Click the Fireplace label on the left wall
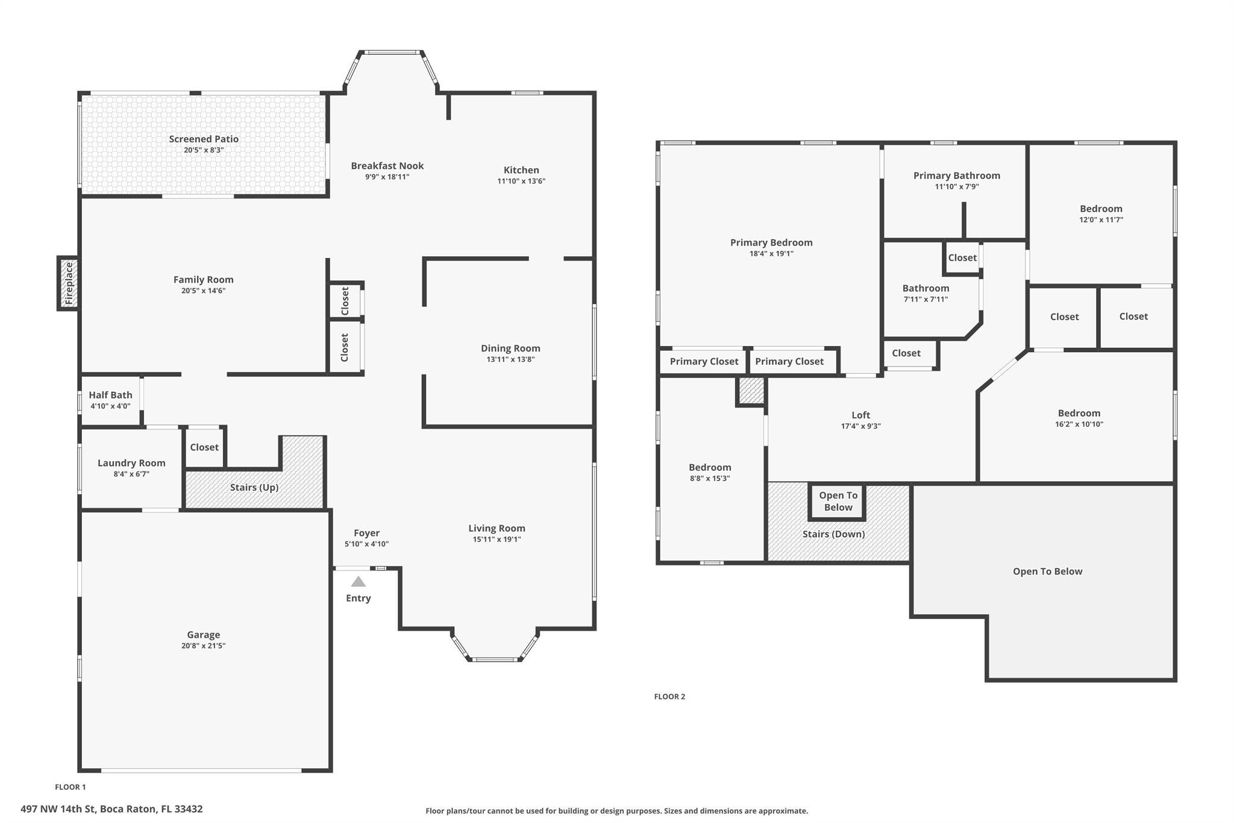[x=69, y=283]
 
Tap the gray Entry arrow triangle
[x=359, y=582]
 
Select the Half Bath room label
[x=110, y=395]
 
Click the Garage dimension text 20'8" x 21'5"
[x=204, y=646]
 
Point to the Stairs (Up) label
[x=254, y=487]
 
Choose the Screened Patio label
[x=204, y=139]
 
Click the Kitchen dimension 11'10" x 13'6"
[x=521, y=181]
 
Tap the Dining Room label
[x=510, y=348]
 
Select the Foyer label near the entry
[x=366, y=533]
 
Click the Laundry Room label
[x=131, y=463]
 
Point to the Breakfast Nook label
[x=387, y=166]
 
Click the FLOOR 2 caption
[x=669, y=696]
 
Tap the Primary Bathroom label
[x=957, y=175]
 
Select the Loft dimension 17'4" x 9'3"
[x=861, y=426]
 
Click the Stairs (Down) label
[x=833, y=534]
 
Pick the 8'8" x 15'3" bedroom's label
[x=710, y=467]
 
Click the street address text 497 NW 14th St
[x=58, y=809]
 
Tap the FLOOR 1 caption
[x=70, y=787]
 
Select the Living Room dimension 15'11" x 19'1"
[x=497, y=540]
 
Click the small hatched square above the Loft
[x=751, y=391]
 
